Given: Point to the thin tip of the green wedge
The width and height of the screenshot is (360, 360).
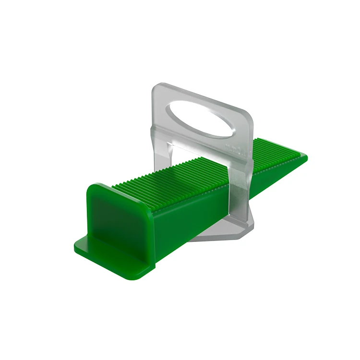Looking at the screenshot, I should click(302, 156).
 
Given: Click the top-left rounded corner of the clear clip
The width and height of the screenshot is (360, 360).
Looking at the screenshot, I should click(156, 89).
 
